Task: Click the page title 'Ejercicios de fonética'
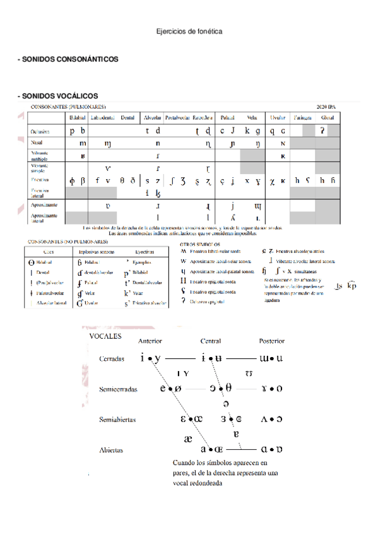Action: click(x=189, y=32)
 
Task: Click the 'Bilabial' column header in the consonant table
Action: click(x=76, y=117)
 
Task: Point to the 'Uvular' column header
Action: click(x=278, y=117)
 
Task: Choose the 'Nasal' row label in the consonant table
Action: click(x=37, y=143)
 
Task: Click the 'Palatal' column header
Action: click(x=227, y=117)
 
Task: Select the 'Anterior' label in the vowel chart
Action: click(x=150, y=341)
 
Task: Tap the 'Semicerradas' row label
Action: click(x=118, y=389)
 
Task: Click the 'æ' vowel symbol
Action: click(x=188, y=439)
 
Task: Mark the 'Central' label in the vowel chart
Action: click(x=210, y=341)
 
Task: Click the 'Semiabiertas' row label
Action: click(x=117, y=419)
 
